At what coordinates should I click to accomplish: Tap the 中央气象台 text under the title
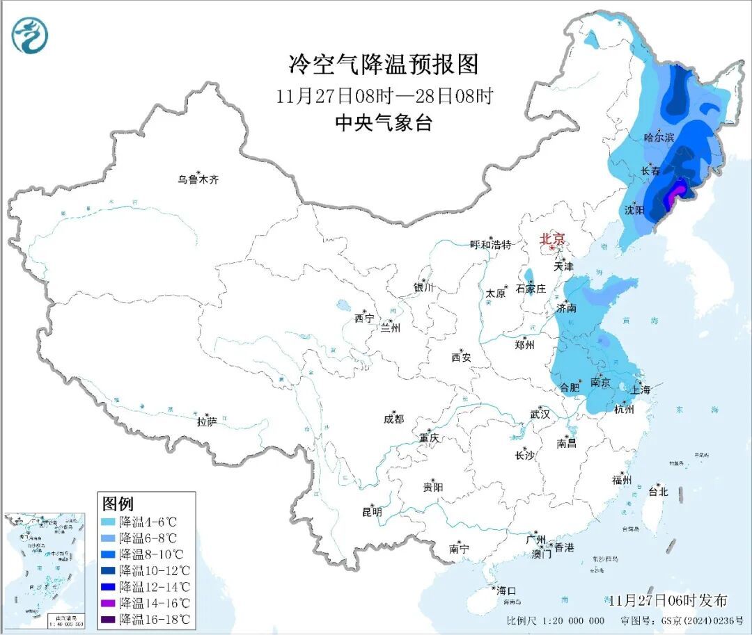point(384,123)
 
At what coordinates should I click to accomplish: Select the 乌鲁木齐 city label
point(198,179)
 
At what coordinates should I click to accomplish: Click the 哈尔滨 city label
point(659,138)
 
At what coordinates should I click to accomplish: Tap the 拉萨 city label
point(207,421)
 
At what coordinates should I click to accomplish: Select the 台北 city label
point(658,491)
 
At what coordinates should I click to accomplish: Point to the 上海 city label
point(641,390)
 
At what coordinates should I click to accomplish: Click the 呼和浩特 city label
point(491,244)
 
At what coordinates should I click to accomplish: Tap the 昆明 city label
point(372,512)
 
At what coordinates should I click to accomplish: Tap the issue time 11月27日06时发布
point(666,600)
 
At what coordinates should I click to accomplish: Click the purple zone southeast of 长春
point(673,196)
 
